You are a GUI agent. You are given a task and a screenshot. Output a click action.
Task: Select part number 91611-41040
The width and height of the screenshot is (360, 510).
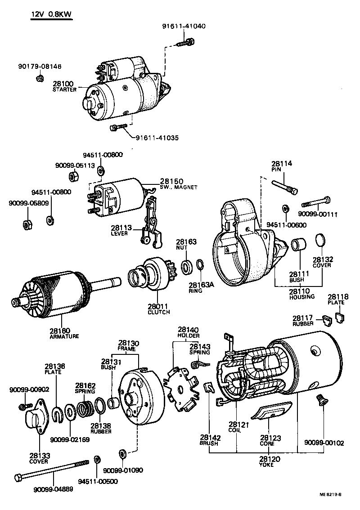point(184,26)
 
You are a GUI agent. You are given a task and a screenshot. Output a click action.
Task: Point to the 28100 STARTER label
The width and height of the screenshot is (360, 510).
point(64,86)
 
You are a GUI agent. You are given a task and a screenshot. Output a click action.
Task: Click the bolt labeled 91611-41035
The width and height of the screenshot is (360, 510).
point(116,128)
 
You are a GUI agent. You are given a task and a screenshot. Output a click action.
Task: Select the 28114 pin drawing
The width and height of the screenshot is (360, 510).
point(284,186)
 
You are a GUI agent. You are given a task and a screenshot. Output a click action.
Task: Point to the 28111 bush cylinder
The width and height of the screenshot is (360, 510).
point(298,246)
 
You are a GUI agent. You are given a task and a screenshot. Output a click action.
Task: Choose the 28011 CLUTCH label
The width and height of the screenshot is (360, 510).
point(158,309)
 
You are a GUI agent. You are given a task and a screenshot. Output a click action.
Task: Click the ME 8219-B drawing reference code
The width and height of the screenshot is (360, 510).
point(330,495)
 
